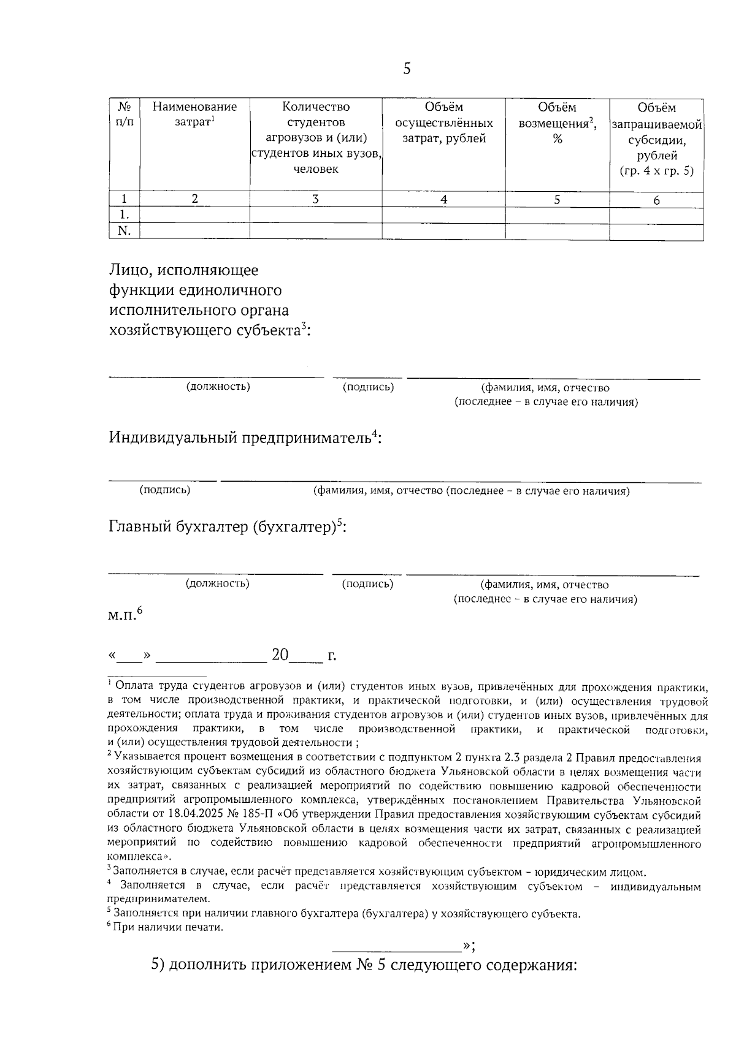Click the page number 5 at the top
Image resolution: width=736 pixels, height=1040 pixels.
point(407,69)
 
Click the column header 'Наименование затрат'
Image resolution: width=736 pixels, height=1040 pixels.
point(194,115)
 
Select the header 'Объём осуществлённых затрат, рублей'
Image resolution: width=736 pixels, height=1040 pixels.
point(443,123)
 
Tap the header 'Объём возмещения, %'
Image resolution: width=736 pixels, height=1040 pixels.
point(557,123)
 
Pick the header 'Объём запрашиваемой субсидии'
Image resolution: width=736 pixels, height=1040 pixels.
point(656,131)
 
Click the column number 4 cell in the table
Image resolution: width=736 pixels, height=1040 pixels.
point(443,199)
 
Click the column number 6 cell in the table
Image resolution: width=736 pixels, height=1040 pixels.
point(656,200)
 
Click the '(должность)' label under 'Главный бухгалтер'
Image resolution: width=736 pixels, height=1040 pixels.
point(218,583)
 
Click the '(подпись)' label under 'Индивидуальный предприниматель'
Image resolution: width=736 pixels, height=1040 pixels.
point(165,490)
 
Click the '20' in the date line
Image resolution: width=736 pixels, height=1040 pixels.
point(280,655)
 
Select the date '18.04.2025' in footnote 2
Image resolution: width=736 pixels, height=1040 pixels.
point(174,815)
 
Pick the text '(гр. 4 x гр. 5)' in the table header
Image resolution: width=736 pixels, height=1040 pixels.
point(656,171)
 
